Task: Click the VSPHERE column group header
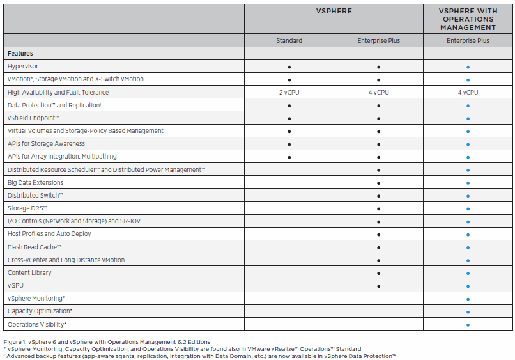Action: pyautogui.click(x=333, y=11)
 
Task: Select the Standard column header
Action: pyautogui.click(x=289, y=40)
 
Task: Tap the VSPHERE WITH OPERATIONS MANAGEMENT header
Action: pyautogui.click(x=468, y=19)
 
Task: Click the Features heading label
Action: pyautogui.click(x=20, y=54)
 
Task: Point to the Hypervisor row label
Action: pyautogui.click(x=23, y=67)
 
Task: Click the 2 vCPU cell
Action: pyautogui.click(x=289, y=92)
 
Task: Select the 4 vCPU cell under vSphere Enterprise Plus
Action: pyautogui.click(x=378, y=92)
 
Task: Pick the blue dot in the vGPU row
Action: pyautogui.click(x=468, y=286)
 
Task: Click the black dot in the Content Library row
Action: pyautogui.click(x=378, y=273)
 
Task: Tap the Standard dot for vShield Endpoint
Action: pyautogui.click(x=289, y=118)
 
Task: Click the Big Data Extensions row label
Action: pyautogui.click(x=36, y=183)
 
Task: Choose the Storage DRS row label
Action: pyautogui.click(x=27, y=208)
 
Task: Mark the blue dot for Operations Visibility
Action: pyautogui.click(x=468, y=325)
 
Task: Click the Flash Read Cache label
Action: pyautogui.click(x=34, y=247)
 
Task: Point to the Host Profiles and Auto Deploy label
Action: pyautogui.click(x=49, y=234)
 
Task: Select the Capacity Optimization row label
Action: pyautogui.click(x=40, y=311)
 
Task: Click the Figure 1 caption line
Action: pyautogui.click(x=107, y=342)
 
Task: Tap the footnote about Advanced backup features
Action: pyautogui.click(x=201, y=356)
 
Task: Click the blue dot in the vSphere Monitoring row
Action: pyautogui.click(x=468, y=299)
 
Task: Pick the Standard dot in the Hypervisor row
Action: pyautogui.click(x=289, y=67)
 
